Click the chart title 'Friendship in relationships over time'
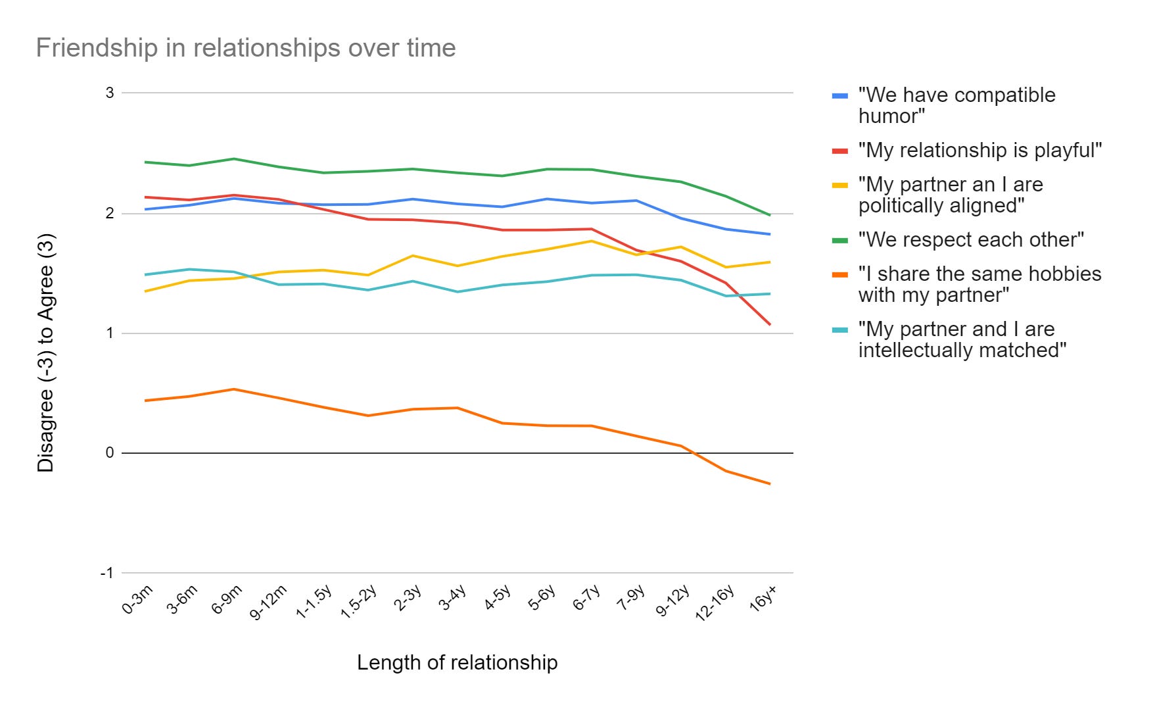(x=245, y=48)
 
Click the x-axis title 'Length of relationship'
(x=457, y=662)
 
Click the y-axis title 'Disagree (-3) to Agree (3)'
(x=46, y=353)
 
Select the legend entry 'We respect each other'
(x=970, y=239)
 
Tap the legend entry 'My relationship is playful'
(x=979, y=150)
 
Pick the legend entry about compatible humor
(x=956, y=105)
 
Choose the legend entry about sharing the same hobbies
(x=979, y=284)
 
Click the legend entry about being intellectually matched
(x=962, y=339)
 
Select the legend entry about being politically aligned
(x=951, y=195)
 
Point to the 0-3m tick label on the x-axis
(x=138, y=599)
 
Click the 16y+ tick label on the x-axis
(x=763, y=599)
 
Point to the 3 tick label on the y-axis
(x=110, y=93)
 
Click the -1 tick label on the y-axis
(x=107, y=573)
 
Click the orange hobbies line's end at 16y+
(x=770, y=484)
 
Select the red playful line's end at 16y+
(x=770, y=324)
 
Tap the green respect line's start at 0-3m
(x=145, y=162)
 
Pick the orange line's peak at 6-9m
(x=233, y=389)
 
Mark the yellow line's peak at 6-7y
(x=591, y=241)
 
